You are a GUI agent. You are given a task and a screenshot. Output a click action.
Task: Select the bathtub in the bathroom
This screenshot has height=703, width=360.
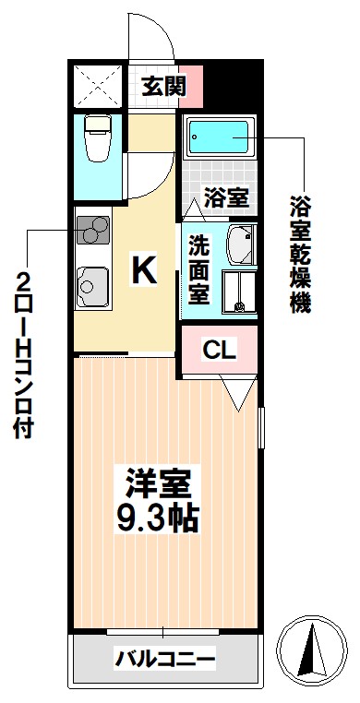point(222,140)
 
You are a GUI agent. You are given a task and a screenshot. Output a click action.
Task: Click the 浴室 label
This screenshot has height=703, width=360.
point(225,196)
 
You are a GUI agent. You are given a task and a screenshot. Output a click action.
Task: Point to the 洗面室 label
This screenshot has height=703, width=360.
point(199,269)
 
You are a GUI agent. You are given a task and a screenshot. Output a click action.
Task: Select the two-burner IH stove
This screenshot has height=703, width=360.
point(92,228)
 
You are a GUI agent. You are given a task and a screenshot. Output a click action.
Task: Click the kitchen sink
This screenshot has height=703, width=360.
point(91,285)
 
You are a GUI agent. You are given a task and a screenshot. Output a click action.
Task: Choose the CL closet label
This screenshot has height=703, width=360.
point(220,351)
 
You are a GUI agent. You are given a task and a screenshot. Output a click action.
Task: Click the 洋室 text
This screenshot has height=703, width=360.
point(159,484)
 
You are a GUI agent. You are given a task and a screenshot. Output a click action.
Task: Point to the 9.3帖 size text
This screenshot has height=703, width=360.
point(159,518)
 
